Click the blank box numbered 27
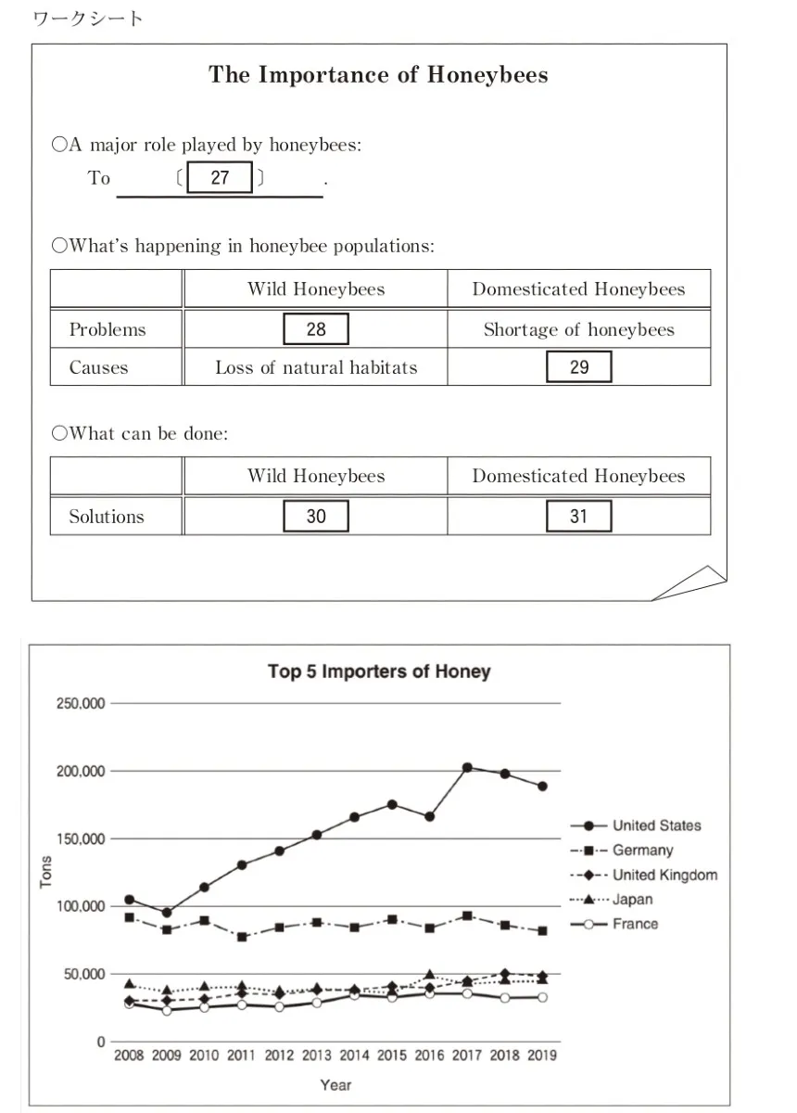coord(220,177)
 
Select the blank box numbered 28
coord(316,329)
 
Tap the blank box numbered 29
coord(579,367)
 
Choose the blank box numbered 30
coord(316,516)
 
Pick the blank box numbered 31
coord(579,516)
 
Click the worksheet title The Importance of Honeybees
coord(378,75)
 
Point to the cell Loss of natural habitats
coord(316,367)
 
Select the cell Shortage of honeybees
coord(579,329)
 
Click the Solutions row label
coord(107,517)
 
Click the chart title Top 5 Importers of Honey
coord(379,671)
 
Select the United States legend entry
coord(656,825)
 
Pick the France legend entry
coord(635,924)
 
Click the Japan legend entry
coord(632,899)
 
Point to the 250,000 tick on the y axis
coord(82,704)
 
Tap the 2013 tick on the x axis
coord(317,1055)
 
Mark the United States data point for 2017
coord(467,768)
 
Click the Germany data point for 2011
coord(242,937)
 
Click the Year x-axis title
coord(335,1084)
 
